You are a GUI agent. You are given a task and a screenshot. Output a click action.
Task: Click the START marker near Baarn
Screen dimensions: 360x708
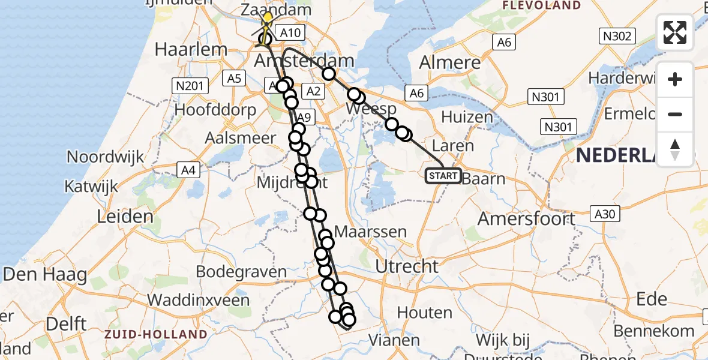443,176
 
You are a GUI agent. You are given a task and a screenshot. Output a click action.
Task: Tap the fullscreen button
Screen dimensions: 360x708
675,32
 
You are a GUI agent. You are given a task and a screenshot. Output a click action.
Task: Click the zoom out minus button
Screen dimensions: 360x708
675,114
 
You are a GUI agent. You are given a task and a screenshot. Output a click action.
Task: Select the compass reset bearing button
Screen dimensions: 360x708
675,149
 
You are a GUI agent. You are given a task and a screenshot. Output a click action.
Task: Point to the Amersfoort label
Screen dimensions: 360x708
526,219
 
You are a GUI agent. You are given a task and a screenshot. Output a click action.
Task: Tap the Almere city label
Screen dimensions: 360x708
450,62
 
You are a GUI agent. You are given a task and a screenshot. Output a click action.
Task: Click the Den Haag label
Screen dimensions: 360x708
45,275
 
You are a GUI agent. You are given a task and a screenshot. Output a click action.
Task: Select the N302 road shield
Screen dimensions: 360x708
617,37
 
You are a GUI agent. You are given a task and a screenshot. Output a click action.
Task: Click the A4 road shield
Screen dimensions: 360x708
188,171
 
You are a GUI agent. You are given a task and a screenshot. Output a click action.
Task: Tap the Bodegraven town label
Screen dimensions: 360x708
242,272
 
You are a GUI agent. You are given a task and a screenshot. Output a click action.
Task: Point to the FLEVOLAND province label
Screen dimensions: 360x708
541,5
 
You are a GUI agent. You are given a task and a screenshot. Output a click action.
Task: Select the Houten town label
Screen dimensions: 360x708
424,313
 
